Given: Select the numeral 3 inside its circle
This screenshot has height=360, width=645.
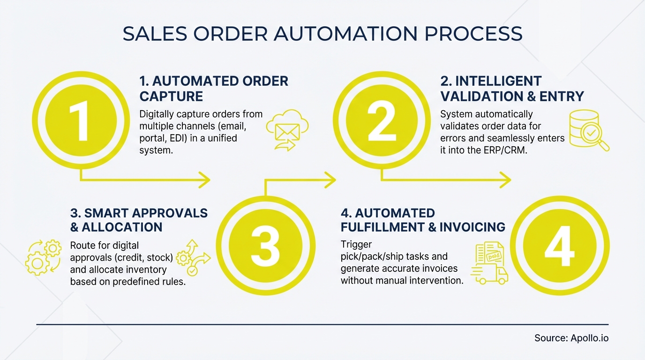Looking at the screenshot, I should [265, 246].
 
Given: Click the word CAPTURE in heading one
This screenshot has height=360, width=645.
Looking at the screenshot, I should [171, 97].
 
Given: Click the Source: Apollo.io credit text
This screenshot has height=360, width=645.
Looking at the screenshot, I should [571, 338].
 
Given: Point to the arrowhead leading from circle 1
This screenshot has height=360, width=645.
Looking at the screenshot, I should [205, 179].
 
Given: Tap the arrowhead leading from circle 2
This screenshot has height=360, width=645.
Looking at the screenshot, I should [505, 179].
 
